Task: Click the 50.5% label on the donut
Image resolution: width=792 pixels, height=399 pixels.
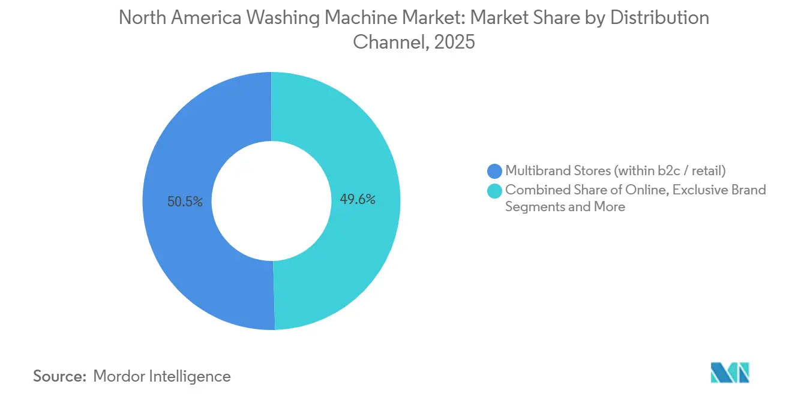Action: point(185,202)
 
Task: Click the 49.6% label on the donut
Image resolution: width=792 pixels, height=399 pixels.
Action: point(358,200)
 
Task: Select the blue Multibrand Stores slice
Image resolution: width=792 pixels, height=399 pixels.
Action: point(180,252)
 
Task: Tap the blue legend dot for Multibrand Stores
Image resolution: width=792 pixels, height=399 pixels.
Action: point(495,171)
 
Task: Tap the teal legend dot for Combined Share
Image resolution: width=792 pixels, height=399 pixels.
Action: point(495,190)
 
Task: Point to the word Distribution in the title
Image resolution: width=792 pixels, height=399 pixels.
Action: point(659,18)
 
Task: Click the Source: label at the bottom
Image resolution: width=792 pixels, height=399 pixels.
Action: point(59,376)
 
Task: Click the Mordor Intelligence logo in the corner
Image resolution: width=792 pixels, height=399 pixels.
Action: point(730,373)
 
